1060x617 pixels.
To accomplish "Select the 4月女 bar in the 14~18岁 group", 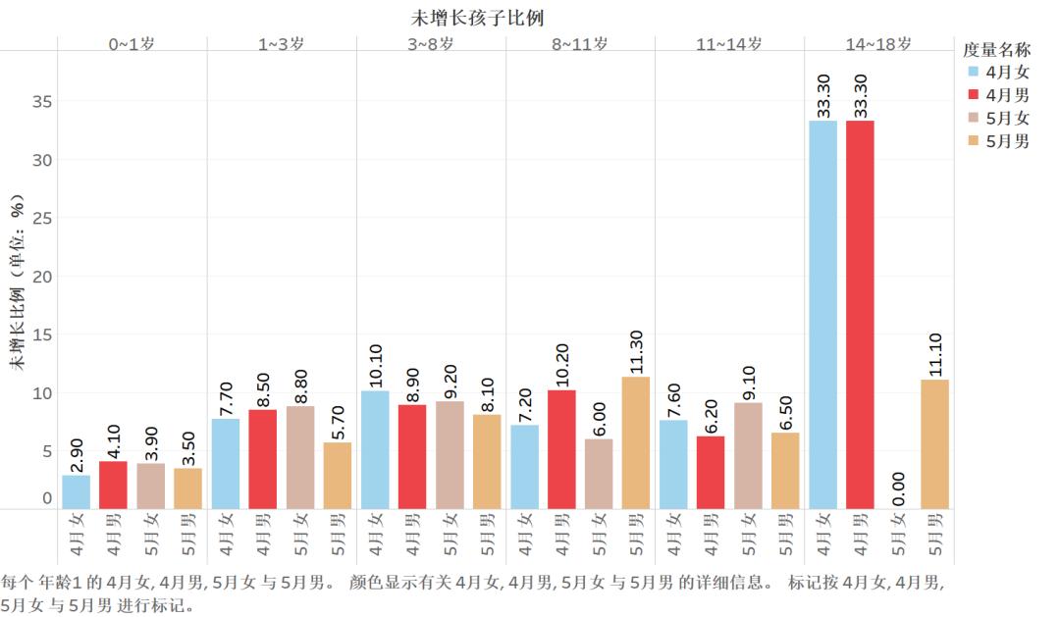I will click(x=822, y=314).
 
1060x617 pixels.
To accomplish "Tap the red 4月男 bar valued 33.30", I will click(x=860, y=314).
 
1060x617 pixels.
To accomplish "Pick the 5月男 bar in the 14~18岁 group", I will click(x=934, y=443).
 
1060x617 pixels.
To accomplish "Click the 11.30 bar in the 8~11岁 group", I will click(x=636, y=442).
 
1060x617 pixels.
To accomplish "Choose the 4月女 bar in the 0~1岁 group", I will click(x=77, y=491).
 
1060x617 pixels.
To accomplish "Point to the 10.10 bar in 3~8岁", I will click(x=375, y=449).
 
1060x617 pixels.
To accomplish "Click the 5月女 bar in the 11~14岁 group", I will click(x=748, y=455).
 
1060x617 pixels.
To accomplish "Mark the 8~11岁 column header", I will click(x=579, y=44).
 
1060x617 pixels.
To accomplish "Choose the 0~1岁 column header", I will click(x=132, y=44).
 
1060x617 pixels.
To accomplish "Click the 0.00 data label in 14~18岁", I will click(x=898, y=487).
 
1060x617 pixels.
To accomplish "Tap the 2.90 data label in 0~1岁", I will click(x=77, y=455).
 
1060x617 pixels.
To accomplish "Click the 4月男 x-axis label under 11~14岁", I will click(x=711, y=535).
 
